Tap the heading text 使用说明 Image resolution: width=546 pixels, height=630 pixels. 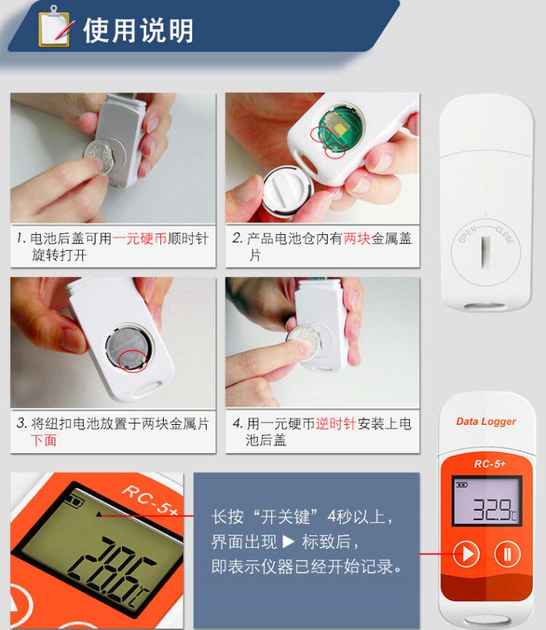[x=138, y=31]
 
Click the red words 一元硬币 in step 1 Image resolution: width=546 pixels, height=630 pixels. [x=140, y=239]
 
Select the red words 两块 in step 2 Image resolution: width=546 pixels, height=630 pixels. [x=357, y=239]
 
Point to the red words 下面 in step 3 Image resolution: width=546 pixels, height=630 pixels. [x=44, y=440]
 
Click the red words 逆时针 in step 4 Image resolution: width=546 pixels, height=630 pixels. [x=336, y=423]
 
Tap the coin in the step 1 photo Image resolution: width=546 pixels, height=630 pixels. [x=99, y=156]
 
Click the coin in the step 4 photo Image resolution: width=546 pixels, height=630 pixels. [x=304, y=343]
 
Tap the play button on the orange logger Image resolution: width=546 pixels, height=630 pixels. [x=467, y=554]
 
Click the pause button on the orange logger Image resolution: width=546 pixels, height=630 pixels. [x=507, y=554]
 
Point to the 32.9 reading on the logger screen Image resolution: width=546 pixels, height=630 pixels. [x=491, y=509]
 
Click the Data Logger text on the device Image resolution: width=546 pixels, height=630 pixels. [x=486, y=421]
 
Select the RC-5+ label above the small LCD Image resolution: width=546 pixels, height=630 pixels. [x=490, y=464]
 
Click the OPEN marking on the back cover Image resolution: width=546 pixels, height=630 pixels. [x=468, y=235]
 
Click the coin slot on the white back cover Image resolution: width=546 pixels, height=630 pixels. [x=486, y=252]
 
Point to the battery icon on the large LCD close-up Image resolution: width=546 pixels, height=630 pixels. [x=76, y=501]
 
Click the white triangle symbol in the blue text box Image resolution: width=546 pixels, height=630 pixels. [x=288, y=541]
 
